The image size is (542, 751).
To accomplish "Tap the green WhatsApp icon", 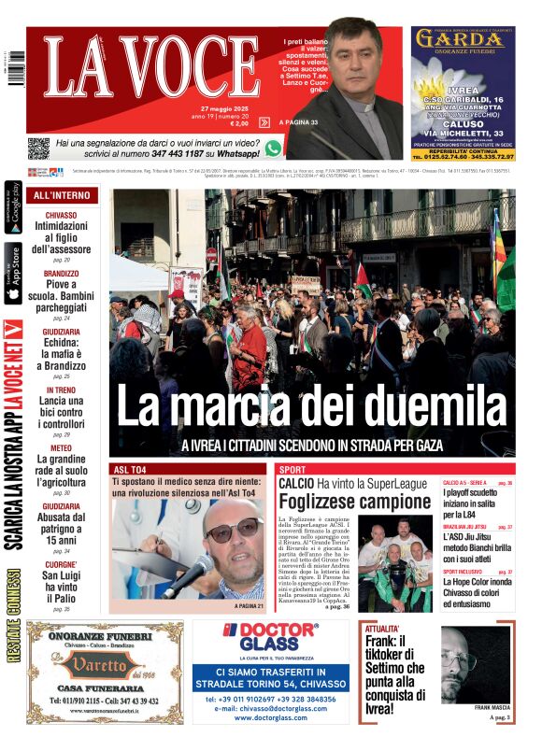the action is (273, 148).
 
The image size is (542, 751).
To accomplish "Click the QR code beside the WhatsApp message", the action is (38, 148).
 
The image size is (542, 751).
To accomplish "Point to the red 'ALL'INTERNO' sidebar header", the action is (62, 195).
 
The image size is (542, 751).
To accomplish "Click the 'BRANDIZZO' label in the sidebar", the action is (62, 274).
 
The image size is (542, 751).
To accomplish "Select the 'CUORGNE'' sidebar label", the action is (62, 565).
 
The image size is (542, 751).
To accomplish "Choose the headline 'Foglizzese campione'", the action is (341, 502).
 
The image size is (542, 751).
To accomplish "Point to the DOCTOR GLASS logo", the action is (270, 636).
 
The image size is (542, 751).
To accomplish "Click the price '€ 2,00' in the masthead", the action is (239, 123).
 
